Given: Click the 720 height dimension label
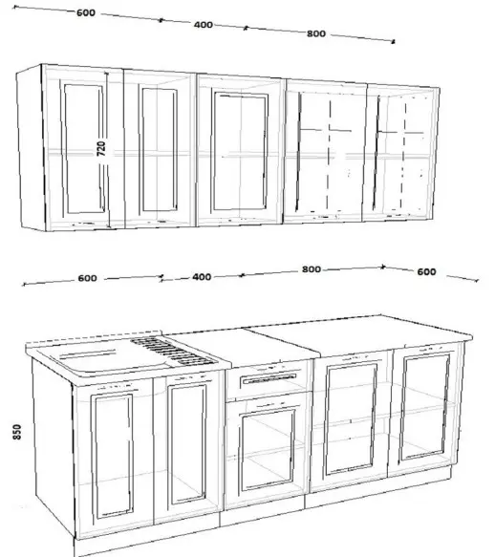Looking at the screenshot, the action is click(x=101, y=148).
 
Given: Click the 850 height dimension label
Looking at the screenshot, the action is click(x=17, y=432).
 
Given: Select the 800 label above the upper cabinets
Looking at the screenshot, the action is click(x=316, y=33).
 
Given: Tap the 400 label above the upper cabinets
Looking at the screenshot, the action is click(x=204, y=25).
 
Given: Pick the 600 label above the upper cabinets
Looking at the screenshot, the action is click(x=86, y=12).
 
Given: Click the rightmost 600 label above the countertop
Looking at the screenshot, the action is click(x=426, y=271).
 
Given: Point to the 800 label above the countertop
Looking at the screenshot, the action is click(x=312, y=269).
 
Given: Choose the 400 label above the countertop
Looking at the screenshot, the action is click(x=202, y=277).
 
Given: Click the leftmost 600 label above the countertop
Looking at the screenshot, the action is click(x=87, y=278).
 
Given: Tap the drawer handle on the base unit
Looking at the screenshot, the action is click(x=269, y=379).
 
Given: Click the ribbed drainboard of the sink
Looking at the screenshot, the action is click(x=173, y=352).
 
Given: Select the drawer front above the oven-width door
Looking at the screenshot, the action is click(x=269, y=379).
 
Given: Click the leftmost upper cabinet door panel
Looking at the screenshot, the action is click(x=84, y=148).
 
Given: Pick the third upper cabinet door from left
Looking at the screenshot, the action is click(x=240, y=151).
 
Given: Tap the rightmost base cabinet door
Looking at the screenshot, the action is click(x=424, y=409).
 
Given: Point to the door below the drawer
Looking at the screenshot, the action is click(x=267, y=450).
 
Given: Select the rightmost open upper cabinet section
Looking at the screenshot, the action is click(x=400, y=153).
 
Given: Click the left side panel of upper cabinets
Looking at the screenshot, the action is click(x=32, y=147).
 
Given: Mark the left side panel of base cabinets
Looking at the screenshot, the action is click(x=54, y=447).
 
